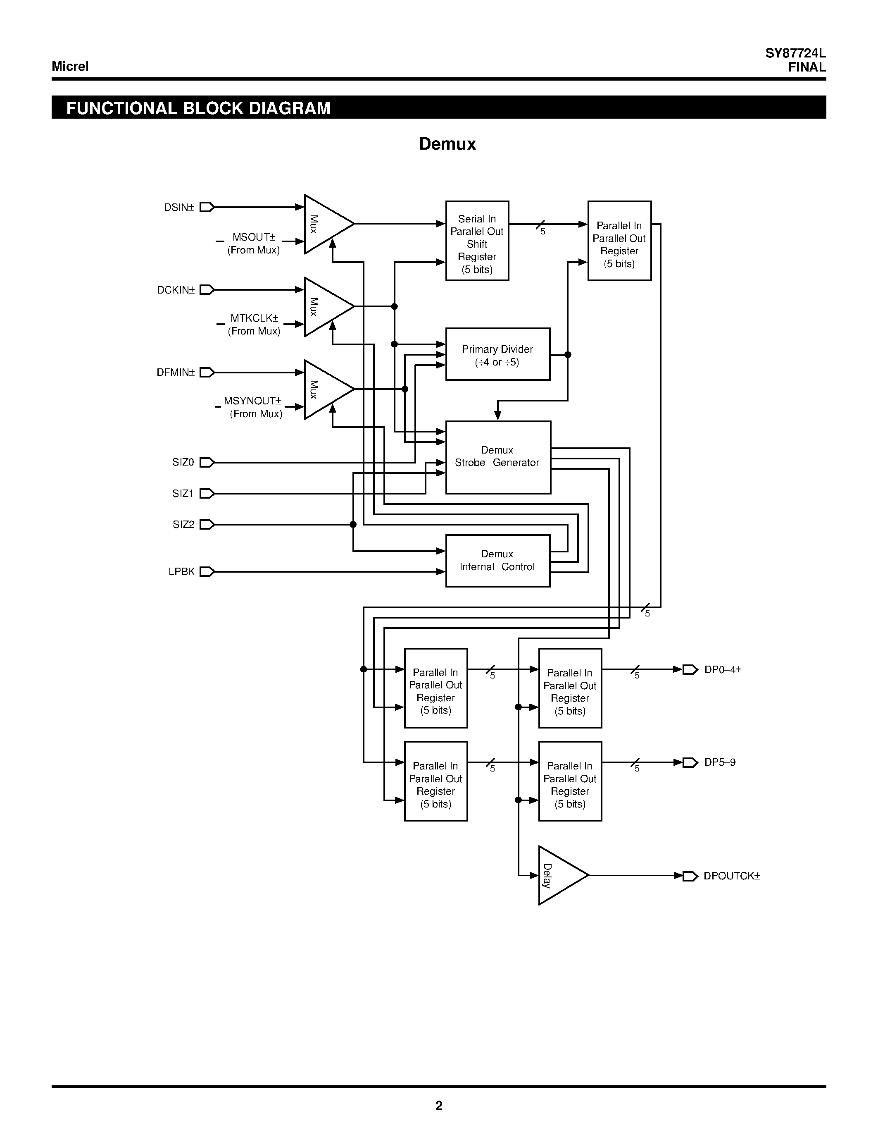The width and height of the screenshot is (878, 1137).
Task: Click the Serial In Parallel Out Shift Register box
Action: pyautogui.click(x=477, y=241)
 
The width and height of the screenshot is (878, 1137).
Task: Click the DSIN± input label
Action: pyautogui.click(x=178, y=208)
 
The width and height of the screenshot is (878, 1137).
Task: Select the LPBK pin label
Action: pyautogui.click(x=181, y=572)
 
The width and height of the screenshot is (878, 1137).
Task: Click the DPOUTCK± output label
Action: pyautogui.click(x=731, y=876)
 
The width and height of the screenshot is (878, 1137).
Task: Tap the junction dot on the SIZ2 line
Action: pyautogui.click(x=353, y=524)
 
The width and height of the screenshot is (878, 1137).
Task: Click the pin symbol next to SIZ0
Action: pyautogui.click(x=207, y=462)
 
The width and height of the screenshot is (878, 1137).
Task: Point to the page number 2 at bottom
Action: pyautogui.click(x=438, y=1106)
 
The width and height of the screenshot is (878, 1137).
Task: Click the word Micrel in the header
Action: pyautogui.click(x=70, y=67)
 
